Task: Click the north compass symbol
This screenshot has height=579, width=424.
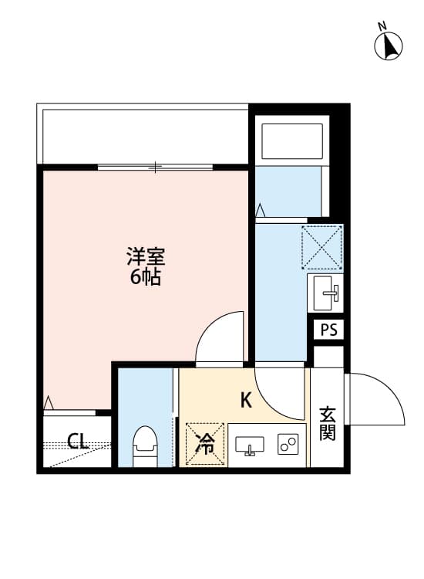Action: click(389, 46)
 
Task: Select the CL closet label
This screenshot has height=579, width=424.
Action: click(77, 442)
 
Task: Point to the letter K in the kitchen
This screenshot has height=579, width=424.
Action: click(246, 400)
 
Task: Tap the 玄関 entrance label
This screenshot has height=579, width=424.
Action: click(328, 424)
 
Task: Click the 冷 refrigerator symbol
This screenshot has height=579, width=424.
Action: click(204, 444)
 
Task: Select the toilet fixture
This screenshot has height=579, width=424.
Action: click(144, 447)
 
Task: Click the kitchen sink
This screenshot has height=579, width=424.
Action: click(249, 446)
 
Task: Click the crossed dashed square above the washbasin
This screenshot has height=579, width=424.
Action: click(321, 246)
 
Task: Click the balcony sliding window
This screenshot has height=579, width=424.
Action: click(156, 166)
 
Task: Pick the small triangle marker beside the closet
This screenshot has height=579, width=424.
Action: click(49, 402)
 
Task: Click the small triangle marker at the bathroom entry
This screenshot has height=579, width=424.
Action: click(261, 210)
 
